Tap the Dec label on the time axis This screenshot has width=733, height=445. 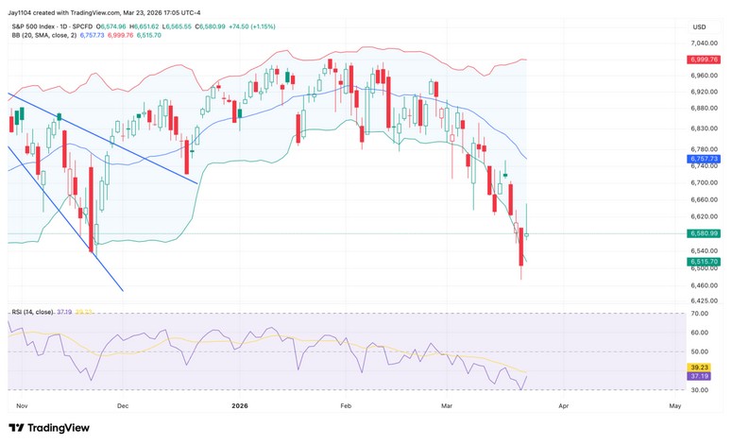point(122,404)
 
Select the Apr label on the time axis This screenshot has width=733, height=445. point(564,404)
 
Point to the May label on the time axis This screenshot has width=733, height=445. point(674,404)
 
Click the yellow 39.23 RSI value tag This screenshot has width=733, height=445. point(701,368)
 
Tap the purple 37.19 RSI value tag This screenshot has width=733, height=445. point(701,376)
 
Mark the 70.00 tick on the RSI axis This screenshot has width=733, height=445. point(700,312)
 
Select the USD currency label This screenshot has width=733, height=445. point(700,27)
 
